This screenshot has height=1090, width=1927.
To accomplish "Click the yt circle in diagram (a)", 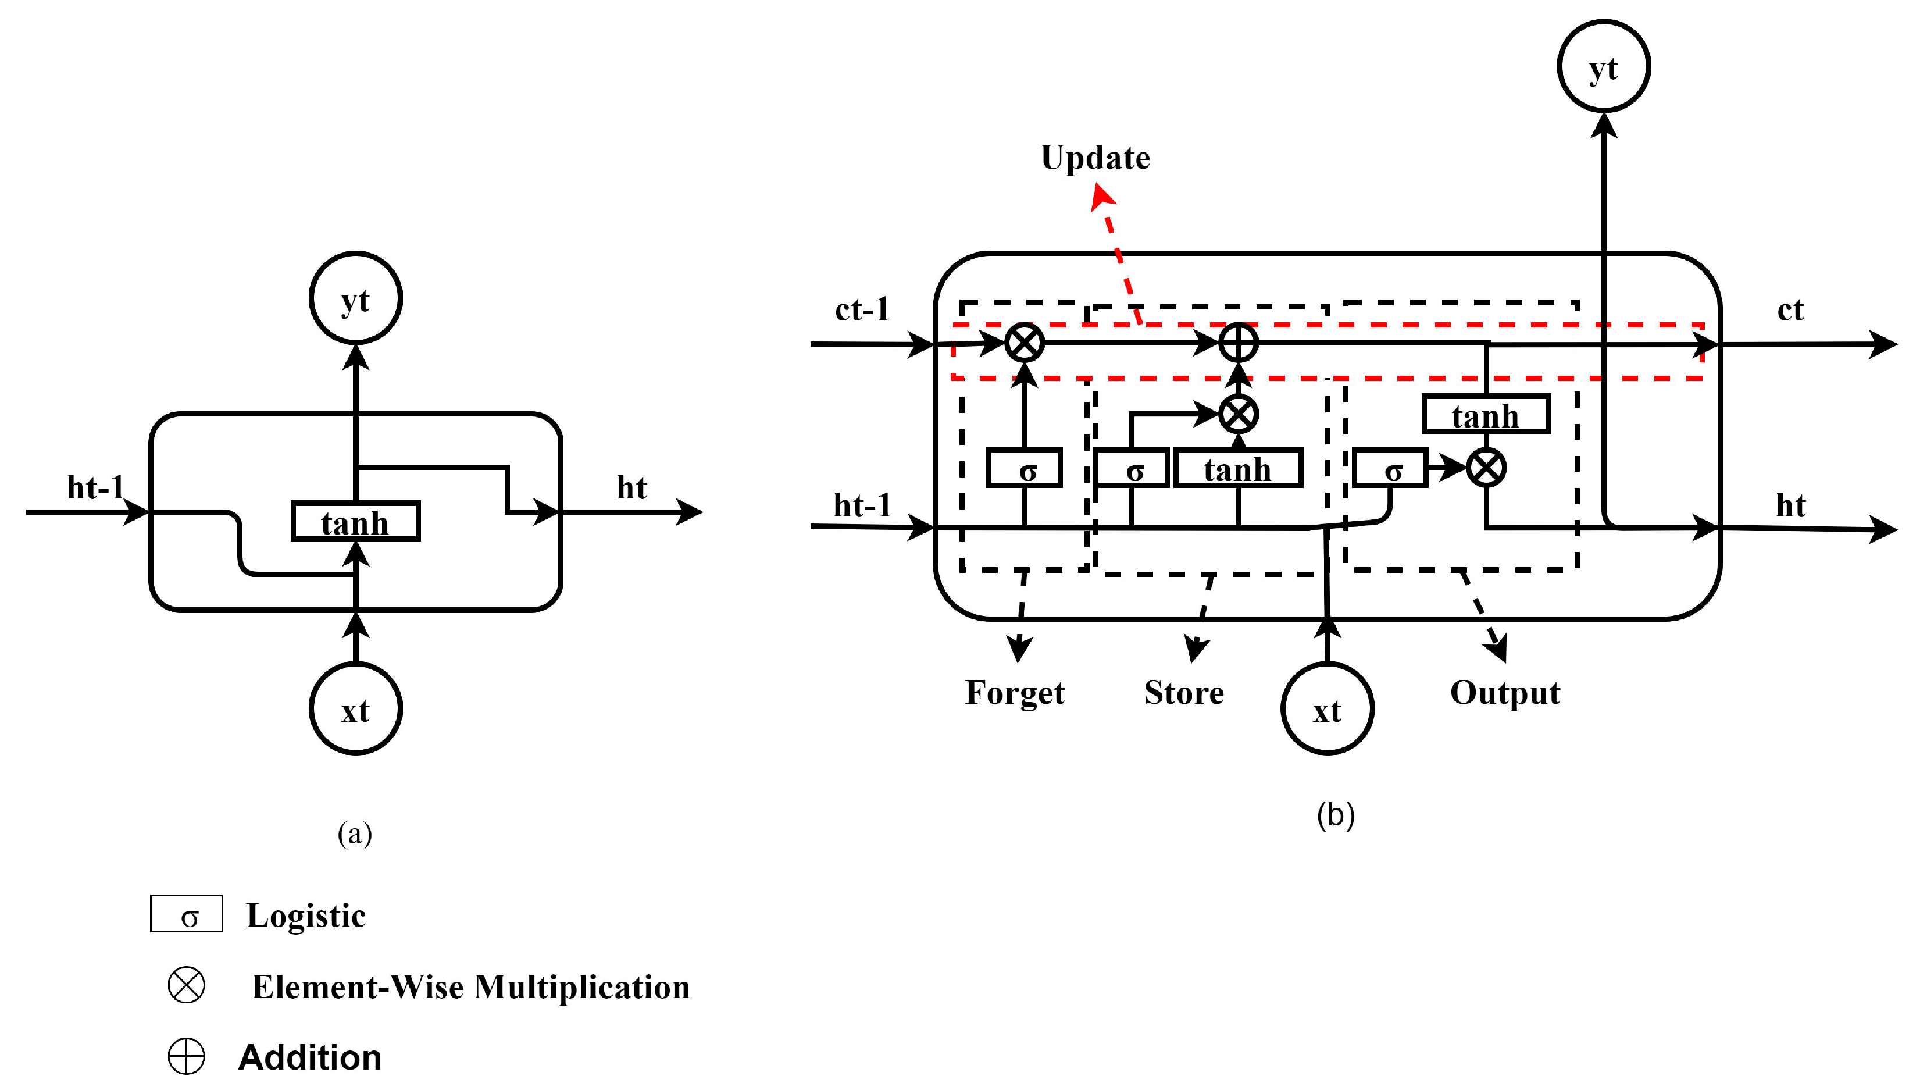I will (x=355, y=298).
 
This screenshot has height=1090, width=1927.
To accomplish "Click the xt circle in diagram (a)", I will (x=355, y=708).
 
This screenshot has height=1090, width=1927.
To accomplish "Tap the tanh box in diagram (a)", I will (x=355, y=521).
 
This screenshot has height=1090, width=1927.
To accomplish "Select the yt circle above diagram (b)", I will (x=1603, y=66).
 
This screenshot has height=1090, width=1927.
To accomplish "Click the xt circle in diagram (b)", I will (x=1327, y=708).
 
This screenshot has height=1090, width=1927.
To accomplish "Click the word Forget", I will (x=1014, y=693).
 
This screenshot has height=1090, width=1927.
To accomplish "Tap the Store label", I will (x=1184, y=693).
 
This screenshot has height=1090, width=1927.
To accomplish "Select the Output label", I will (x=1505, y=693).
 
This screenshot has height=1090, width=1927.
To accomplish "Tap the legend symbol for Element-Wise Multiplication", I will (x=186, y=985).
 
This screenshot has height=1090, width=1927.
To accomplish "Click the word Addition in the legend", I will (x=310, y=1057).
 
